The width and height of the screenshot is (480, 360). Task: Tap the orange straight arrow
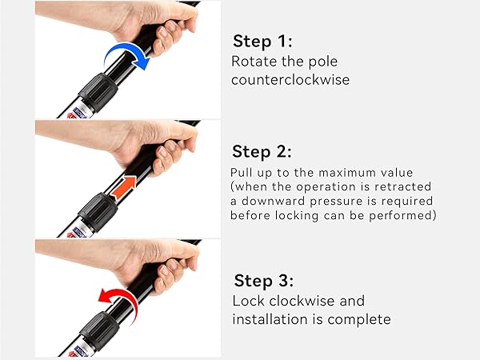pos(124,188)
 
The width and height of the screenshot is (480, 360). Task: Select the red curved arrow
pos(122,294)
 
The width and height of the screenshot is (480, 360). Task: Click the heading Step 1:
pos(262,42)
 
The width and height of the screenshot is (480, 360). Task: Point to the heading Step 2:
pos(262,152)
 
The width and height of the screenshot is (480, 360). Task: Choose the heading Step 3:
pos(263,281)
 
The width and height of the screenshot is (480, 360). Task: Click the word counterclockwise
pos(290,80)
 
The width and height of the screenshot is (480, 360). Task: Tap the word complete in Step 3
pos(358,320)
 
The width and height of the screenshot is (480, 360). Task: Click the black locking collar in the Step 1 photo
pos(98,92)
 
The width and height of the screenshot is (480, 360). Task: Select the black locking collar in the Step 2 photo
pos(98,212)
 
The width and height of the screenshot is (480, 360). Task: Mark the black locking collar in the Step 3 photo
pos(99,331)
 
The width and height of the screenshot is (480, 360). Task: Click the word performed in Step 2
pos(402,216)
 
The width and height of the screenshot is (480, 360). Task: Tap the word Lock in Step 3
pos(248,301)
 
